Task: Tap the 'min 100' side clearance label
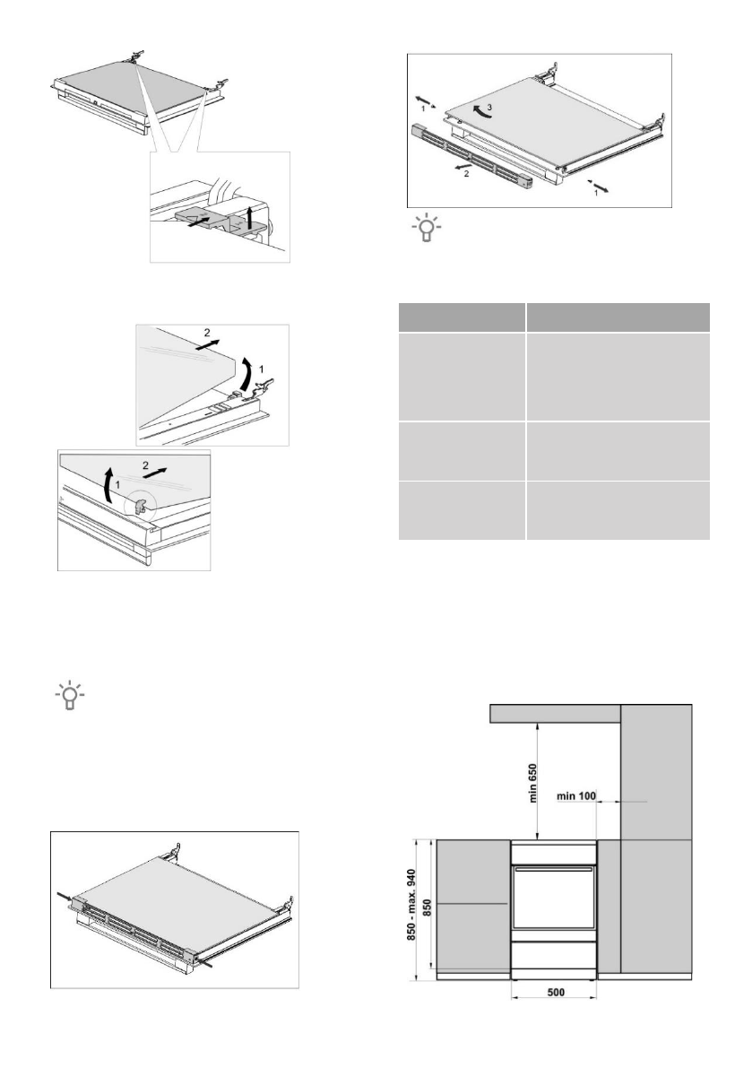[575, 795]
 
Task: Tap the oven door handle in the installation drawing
[554, 869]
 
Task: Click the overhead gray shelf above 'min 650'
[556, 713]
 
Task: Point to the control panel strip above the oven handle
[554, 853]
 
